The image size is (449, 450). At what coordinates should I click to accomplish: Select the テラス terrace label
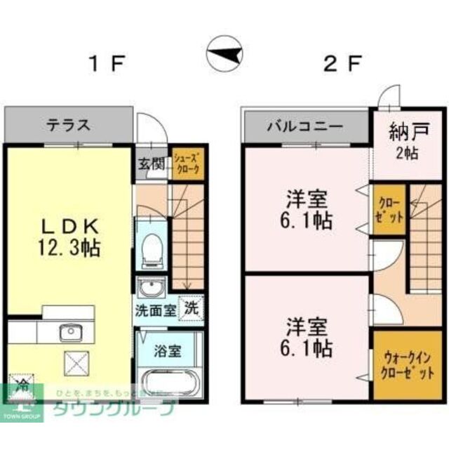coord(68,126)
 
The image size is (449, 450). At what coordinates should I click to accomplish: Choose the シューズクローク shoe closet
coord(187,165)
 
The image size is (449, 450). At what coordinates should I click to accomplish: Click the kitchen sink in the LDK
coord(69,331)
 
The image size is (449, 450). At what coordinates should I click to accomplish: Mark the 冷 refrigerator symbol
coord(22,387)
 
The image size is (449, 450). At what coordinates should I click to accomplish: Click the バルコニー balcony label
coord(304,127)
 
